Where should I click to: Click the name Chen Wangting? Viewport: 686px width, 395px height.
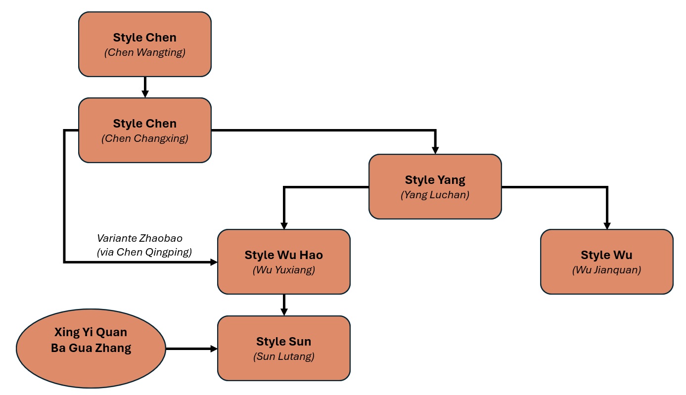144,52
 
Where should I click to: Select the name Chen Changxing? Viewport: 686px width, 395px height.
144,138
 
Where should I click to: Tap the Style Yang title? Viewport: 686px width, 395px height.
435,179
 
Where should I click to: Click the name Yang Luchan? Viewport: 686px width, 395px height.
435,195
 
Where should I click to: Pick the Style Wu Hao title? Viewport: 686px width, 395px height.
283,255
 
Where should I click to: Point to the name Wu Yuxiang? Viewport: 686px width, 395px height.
283,270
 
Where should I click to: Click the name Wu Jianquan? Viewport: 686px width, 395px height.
606,270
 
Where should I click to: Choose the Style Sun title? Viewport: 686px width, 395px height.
283,342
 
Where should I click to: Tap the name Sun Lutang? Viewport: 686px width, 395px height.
283,356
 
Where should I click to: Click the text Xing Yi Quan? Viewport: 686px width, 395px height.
91,332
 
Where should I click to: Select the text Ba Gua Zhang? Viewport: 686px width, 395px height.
91,348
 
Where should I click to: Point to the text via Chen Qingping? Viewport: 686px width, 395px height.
144,252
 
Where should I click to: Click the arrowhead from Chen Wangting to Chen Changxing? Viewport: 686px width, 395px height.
145,94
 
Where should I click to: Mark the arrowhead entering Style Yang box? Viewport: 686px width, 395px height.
435,150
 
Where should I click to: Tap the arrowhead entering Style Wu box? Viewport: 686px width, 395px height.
607,225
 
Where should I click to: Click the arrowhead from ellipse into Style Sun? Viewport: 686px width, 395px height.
214,349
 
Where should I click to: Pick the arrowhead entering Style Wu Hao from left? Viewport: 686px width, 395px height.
214,262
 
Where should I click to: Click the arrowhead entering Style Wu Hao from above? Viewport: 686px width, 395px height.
284,225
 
